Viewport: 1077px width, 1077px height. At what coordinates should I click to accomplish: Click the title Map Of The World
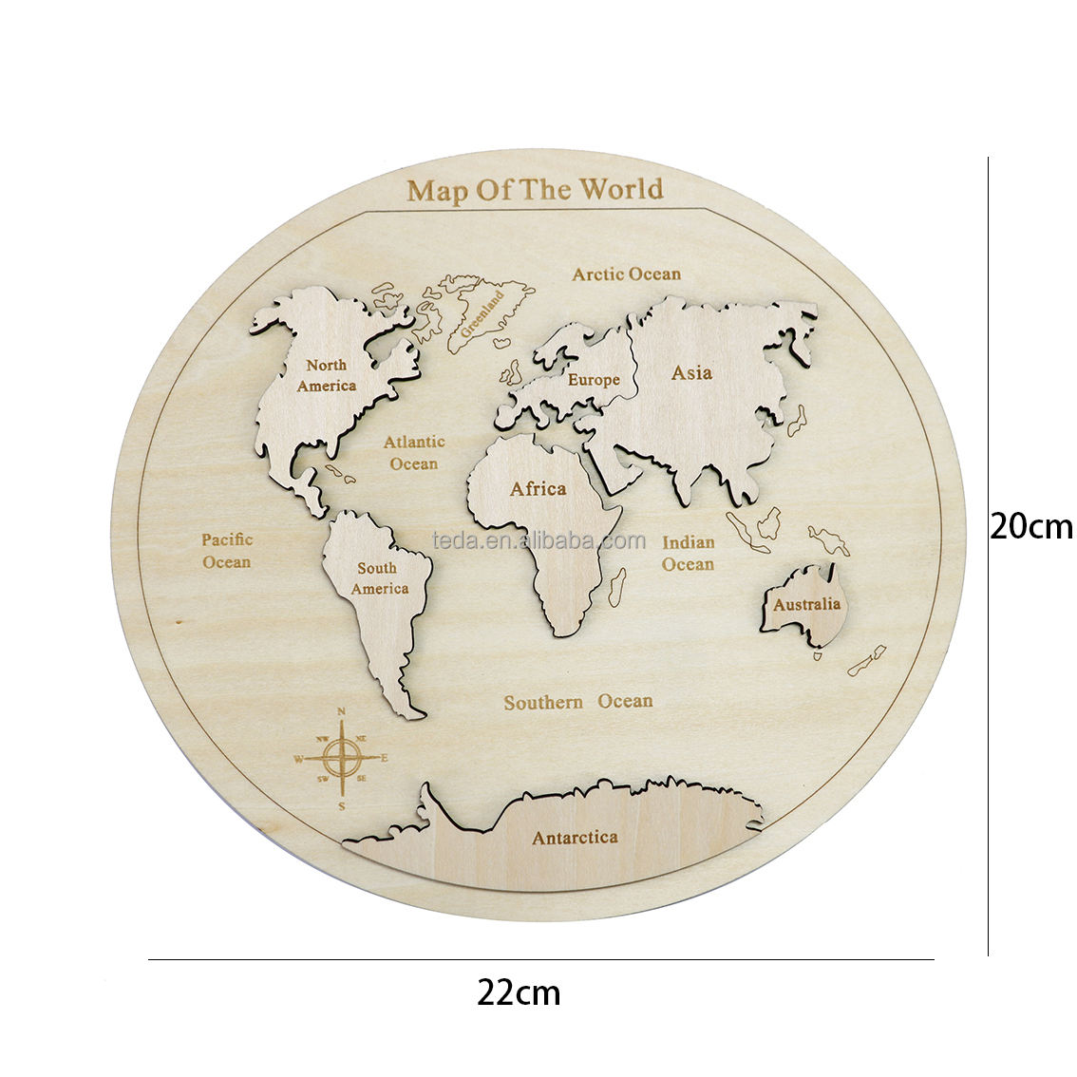click(535, 189)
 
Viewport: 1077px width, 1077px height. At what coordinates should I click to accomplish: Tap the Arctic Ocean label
click(626, 274)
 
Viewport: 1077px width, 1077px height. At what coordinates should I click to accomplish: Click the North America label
click(326, 375)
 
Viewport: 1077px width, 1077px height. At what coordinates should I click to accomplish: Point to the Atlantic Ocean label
click(413, 453)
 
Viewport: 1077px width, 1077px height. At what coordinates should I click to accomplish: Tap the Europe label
click(594, 380)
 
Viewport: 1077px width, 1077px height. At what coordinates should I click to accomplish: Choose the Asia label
click(691, 372)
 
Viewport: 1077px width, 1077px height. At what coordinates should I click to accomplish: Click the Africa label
click(538, 489)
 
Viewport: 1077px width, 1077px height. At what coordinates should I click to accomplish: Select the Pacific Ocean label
click(226, 551)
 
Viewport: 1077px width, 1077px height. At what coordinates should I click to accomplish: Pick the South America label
click(378, 578)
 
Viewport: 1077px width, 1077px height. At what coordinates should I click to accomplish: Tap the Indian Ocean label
click(688, 553)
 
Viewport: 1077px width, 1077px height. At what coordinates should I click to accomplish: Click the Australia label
click(806, 604)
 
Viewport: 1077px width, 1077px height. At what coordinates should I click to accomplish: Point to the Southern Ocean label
click(577, 702)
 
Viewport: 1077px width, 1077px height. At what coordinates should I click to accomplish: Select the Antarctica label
click(575, 838)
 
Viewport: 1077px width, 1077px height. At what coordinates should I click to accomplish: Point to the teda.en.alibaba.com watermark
click(538, 541)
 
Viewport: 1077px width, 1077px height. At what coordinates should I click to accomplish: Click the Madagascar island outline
click(616, 582)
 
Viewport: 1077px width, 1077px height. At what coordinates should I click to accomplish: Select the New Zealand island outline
click(865, 662)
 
